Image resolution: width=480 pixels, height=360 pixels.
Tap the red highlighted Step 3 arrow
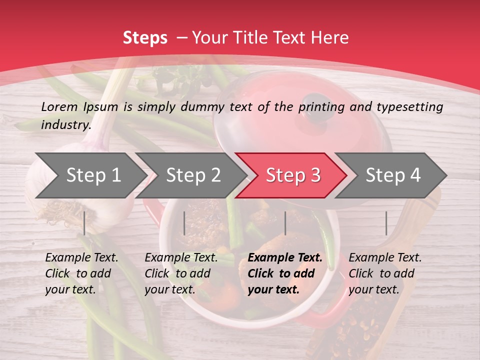point(293,175)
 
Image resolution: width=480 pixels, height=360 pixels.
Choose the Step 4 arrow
point(393,175)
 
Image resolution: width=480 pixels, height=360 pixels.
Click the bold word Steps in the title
point(145,38)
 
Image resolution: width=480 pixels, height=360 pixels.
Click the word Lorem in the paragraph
point(59,106)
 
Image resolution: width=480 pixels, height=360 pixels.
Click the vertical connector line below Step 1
point(84,223)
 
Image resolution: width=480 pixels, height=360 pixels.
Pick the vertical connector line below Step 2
point(184,223)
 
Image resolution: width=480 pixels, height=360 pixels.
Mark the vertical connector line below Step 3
point(285,223)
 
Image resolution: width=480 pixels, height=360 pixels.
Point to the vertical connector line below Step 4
point(386,223)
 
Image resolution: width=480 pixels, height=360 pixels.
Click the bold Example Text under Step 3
point(285,258)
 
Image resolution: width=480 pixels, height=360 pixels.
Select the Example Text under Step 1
point(82,258)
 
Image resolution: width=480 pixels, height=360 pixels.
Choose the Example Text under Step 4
point(385,258)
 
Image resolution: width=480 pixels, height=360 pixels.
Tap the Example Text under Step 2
point(181,258)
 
